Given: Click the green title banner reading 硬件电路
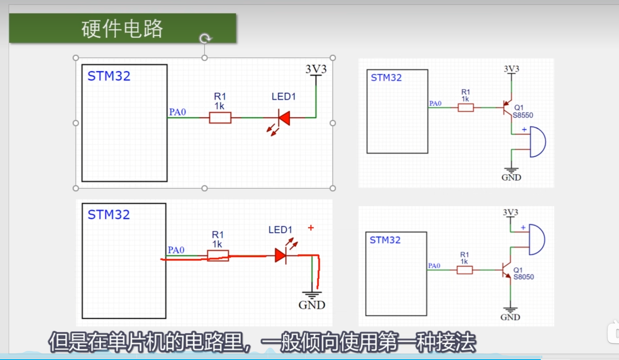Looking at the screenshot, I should coord(122,28).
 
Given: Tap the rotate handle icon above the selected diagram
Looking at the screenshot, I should coord(205,38).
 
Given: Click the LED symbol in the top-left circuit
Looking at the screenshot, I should coord(284,118).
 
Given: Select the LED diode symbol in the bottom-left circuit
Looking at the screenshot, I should coord(281,256).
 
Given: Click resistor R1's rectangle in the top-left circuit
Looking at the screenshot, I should coord(220,118).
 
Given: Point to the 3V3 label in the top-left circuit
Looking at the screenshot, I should coord(316,69).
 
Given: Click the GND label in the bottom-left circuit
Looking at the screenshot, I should coord(312,305).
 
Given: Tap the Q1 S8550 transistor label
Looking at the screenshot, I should coord(522,111).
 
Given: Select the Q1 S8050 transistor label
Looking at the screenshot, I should coord(523,273).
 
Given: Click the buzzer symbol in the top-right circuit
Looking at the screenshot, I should coord(538,142).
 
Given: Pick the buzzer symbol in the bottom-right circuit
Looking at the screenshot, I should coord(537,240).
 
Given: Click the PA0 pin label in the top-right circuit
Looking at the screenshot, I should coord(435,103).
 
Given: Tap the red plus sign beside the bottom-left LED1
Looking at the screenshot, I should coord(311,227).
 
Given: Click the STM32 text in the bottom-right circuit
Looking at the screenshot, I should coord(385,240).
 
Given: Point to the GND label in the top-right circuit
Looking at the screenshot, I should coord(511,178).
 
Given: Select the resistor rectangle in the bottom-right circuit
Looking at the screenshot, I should coord(465,270).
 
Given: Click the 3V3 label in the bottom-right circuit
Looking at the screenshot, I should coord(510,212).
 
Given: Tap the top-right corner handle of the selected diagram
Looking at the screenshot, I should coord(333,58).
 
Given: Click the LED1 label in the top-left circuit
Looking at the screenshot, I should coord(283,97).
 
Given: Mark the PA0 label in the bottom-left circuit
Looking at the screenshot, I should coord(176,250).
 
